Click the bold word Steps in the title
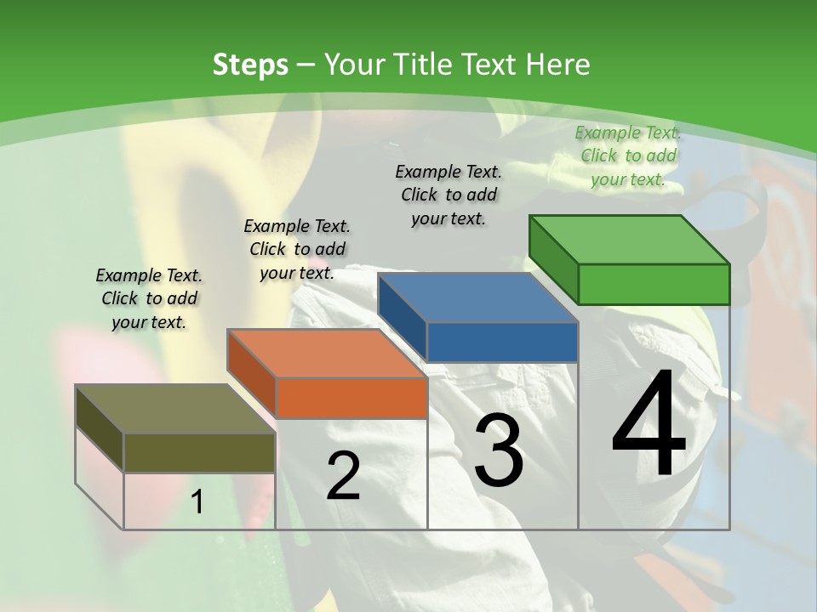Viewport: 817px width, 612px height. point(250,65)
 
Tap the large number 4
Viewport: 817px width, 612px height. point(648,425)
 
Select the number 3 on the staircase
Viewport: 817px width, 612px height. point(499,450)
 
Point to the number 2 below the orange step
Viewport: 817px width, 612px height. point(343,477)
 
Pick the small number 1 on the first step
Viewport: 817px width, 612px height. point(197,502)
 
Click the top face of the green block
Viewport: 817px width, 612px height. point(630,239)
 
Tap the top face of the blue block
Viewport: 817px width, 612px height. point(478,297)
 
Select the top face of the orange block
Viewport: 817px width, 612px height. point(328,353)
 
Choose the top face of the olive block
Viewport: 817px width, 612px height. point(175,409)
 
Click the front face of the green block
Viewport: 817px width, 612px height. point(654,284)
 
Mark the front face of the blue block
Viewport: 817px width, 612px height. point(502,342)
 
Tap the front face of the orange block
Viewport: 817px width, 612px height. point(351,398)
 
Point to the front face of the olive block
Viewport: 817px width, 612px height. point(199,452)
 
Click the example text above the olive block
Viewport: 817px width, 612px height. point(149,298)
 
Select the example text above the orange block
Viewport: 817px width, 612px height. point(297,249)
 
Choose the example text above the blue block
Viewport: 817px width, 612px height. point(448,195)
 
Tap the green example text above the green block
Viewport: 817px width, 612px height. point(628,156)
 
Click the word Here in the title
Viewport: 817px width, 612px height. point(559,65)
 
